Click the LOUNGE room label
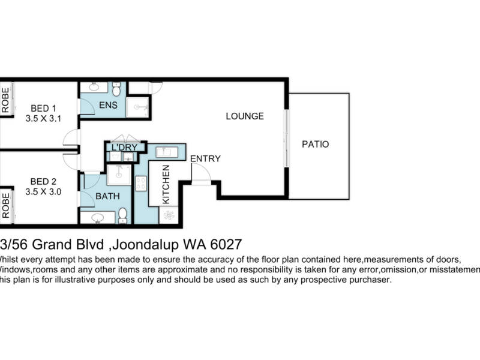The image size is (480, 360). click(244, 116)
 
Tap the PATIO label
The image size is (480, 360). click(316, 145)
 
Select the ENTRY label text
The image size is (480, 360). click(206, 159)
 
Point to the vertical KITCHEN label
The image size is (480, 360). click(166, 184)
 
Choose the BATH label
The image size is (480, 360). click(108, 196)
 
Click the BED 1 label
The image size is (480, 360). click(43, 109)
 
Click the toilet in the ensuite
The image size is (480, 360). click(116, 89)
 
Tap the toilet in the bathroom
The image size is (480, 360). click(122, 215)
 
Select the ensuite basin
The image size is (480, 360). click(94, 88)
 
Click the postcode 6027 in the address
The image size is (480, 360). click(225, 245)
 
